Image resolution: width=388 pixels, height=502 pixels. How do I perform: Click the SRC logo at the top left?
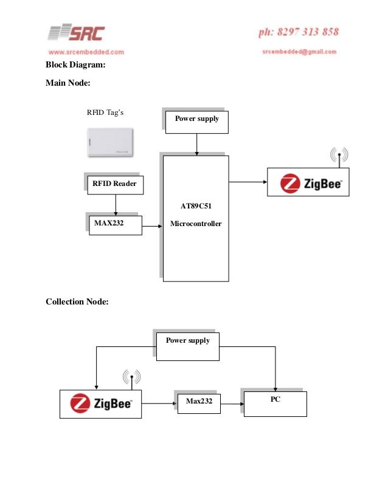pos(77,33)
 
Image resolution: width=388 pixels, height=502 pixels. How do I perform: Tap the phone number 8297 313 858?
pos(298,32)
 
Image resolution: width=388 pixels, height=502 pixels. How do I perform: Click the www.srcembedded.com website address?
pos(86,52)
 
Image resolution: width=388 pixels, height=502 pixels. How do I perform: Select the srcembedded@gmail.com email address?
pos(299,52)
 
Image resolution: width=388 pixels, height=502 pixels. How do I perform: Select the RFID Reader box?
pos(115,184)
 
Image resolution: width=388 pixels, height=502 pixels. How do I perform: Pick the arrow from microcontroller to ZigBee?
pos(248,181)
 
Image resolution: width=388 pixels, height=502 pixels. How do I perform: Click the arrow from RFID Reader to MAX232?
pos(115,205)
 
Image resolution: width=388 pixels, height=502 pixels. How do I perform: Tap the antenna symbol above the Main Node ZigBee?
pos(339,157)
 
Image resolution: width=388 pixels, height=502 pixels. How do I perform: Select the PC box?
pos(275,403)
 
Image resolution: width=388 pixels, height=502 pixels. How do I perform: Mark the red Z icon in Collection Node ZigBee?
pos(80,404)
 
